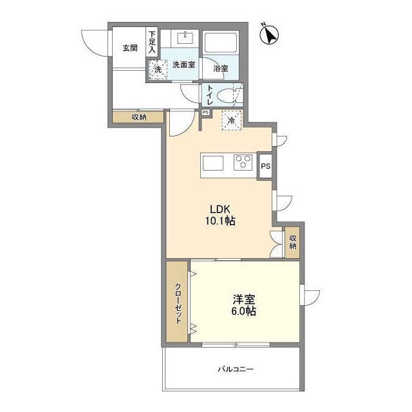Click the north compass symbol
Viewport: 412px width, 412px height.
click(x=269, y=35)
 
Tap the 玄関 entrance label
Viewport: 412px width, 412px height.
click(x=130, y=48)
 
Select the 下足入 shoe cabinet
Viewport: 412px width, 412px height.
click(x=152, y=41)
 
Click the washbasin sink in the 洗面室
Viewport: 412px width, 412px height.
click(x=185, y=38)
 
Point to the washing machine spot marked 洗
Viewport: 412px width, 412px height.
click(x=158, y=70)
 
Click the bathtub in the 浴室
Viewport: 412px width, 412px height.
click(x=221, y=42)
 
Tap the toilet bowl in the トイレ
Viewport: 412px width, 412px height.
click(x=225, y=95)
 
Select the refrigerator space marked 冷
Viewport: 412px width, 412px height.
click(x=232, y=120)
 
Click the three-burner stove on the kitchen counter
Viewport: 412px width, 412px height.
click(x=243, y=162)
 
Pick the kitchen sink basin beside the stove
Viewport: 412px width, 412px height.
click(x=213, y=163)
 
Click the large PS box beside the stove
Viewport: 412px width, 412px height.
click(x=265, y=166)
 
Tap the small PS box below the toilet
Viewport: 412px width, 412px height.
click(x=205, y=113)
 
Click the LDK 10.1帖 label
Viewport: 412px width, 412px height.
click(x=220, y=215)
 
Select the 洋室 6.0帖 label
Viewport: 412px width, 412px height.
click(x=243, y=304)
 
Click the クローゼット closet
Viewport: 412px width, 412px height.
click(x=177, y=302)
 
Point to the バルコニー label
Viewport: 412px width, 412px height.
click(x=236, y=369)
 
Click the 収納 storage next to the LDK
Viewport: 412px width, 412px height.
click(x=292, y=242)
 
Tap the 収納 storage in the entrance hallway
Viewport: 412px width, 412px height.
click(x=138, y=117)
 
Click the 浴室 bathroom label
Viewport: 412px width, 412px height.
click(x=220, y=69)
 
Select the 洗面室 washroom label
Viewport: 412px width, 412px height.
click(x=183, y=64)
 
